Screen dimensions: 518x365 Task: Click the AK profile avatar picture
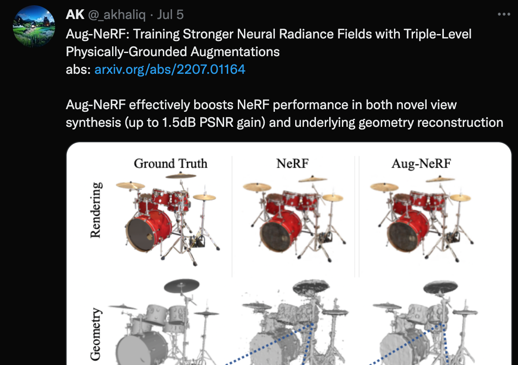[34, 26]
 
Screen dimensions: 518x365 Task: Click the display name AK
[75, 15]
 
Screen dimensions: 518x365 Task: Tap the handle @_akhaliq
[117, 15]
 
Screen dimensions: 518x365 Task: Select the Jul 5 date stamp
[170, 15]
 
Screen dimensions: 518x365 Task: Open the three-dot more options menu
[504, 14]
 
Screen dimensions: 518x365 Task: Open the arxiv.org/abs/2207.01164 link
[170, 69]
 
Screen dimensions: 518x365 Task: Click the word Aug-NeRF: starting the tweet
[98, 34]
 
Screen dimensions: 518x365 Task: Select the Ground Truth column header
[170, 163]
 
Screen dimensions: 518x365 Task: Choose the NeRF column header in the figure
[293, 163]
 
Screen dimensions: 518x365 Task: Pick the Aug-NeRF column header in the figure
[421, 163]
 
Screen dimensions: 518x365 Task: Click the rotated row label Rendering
[96, 210]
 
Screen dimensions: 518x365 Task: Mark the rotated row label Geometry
[96, 334]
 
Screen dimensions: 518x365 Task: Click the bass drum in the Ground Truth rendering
[149, 230]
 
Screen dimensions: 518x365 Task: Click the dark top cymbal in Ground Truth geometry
[182, 285]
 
